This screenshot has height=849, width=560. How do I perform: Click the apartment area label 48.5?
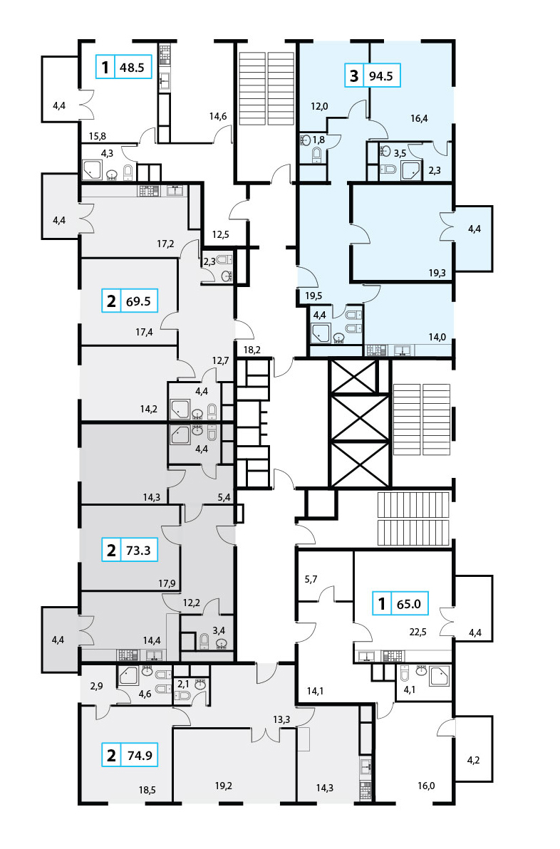pos(132,67)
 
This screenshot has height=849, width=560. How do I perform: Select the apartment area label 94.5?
pos(380,75)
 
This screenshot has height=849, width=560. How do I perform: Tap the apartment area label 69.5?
pos(138,301)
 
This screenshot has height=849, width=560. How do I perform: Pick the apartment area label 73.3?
pos(138,551)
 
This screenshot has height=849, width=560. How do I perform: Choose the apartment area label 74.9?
pos(140,755)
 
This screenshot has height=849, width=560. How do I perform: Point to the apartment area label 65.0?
pos(409,603)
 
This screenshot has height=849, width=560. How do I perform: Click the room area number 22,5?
pos(418,631)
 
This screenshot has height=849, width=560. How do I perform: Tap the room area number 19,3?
pos(437,273)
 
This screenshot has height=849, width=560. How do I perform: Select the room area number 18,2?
pos(252,350)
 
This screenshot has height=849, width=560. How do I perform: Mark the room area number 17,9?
pos(167,584)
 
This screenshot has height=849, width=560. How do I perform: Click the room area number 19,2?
pos(223,785)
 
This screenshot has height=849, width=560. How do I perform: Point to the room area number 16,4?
pos(419,118)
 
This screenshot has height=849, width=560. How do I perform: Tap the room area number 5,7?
pos(311,579)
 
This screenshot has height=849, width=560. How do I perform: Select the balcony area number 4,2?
pos(473,760)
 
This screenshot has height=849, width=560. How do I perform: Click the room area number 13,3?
pos(281,719)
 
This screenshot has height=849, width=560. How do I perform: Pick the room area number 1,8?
pos(318,140)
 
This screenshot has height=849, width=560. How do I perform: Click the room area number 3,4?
pos(218,630)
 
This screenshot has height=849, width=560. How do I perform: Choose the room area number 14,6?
pos(218,115)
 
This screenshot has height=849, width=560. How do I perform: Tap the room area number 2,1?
pos(184,684)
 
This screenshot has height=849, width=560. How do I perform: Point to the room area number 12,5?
pos(220,234)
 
